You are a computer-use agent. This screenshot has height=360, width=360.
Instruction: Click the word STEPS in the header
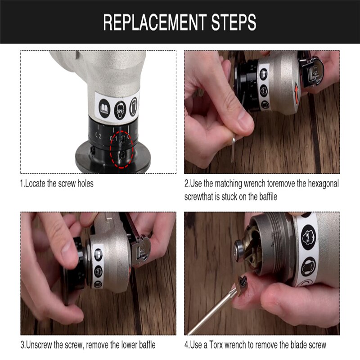234,22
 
